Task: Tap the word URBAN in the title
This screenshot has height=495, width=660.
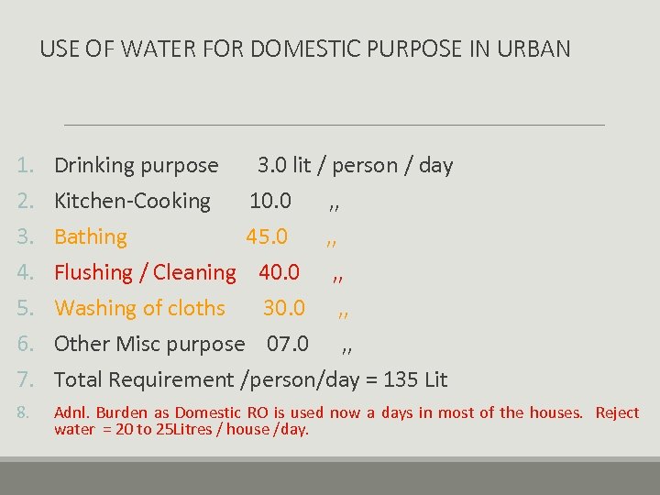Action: point(533,49)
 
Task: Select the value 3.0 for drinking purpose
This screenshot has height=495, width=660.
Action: point(272,166)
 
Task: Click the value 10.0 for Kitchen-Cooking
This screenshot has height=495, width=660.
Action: point(270,201)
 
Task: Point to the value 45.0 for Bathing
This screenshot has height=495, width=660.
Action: point(266,236)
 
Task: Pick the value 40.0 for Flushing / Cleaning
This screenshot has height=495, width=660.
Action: point(279,272)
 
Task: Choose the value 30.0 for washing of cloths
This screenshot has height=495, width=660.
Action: point(284,308)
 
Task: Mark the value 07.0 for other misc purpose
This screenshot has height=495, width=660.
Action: point(288,344)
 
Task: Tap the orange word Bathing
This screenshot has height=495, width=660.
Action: point(91,236)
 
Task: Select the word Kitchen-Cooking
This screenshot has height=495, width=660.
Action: point(132,201)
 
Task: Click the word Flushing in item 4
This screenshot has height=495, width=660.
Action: point(93,272)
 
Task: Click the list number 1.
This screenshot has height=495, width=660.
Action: point(26,166)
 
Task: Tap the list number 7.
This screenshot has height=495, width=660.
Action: point(26,379)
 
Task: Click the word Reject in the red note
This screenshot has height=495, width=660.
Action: point(617,412)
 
